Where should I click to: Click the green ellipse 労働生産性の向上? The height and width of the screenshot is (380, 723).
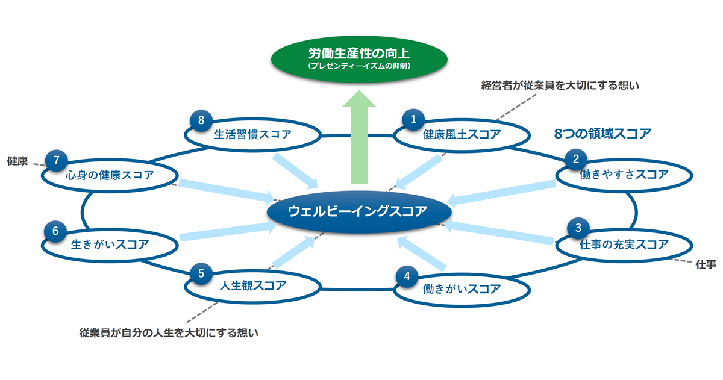point(359,59)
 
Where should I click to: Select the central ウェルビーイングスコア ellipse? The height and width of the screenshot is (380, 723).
point(359,211)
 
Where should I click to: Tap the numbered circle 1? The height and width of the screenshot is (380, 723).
point(413,120)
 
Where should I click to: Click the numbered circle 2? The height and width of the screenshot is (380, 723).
point(576,160)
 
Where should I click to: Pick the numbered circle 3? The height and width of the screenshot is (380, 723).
point(578,228)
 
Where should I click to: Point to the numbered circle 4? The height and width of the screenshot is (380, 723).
point(407,276)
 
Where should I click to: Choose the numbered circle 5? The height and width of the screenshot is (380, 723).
point(201,273)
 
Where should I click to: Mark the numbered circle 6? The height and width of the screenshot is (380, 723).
point(55,231)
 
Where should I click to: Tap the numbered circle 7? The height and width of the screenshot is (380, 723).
point(57,160)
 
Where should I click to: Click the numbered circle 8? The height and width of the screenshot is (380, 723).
point(201,120)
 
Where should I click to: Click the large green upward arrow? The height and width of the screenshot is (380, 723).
point(359,137)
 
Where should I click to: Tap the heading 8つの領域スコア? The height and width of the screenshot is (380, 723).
point(602,134)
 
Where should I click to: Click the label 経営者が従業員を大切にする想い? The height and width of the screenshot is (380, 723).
point(560,85)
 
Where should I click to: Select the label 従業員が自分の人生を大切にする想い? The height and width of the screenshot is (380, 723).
point(169,333)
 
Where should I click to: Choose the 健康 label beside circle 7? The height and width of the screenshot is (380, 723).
point(17,161)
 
